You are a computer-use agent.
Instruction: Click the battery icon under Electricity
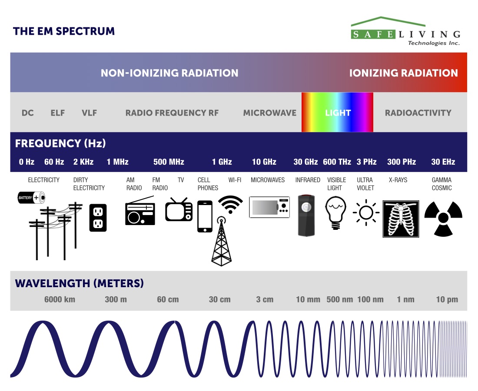pyautogui.click(x=31, y=198)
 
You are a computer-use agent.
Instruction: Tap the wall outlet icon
pyautogui.click(x=98, y=218)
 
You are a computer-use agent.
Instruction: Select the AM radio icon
pyautogui.click(x=140, y=212)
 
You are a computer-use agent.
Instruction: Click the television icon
pyautogui.click(x=179, y=210)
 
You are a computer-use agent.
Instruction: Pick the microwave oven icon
pyautogui.click(x=269, y=207)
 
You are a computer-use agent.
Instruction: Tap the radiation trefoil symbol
pyautogui.click(x=443, y=218)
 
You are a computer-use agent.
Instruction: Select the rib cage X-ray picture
pyautogui.click(x=401, y=219)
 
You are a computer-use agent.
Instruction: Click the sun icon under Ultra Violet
pyautogui.click(x=366, y=212)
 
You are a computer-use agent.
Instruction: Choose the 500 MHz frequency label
pyautogui.click(x=169, y=162)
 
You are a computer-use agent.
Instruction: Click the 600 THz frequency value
pyautogui.click(x=337, y=162)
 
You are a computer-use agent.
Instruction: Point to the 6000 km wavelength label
pyautogui.click(x=60, y=299)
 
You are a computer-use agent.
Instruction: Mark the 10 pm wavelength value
pyautogui.click(x=447, y=299)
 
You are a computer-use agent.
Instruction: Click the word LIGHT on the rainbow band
pyautogui.click(x=338, y=113)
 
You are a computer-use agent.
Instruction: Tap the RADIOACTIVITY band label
pyautogui.click(x=418, y=113)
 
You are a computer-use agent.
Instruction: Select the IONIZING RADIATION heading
pyautogui.click(x=403, y=73)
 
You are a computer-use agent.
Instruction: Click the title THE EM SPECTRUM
pyautogui.click(x=64, y=31)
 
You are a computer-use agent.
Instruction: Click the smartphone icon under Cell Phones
pyautogui.click(x=205, y=216)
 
